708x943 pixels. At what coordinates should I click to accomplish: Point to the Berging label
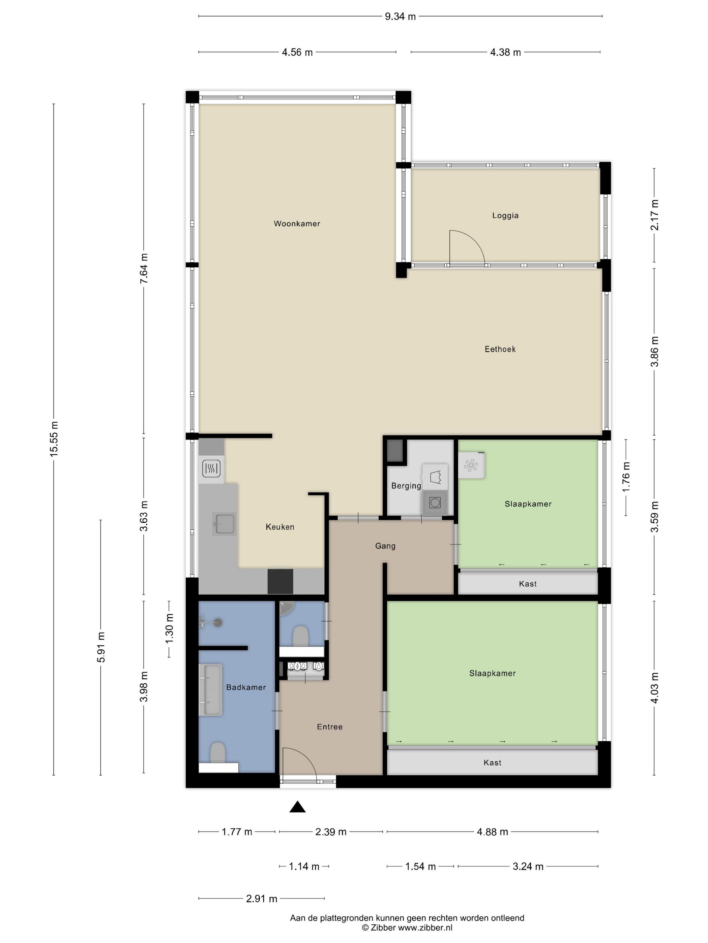(x=406, y=486)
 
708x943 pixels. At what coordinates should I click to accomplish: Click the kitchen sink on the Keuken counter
(x=224, y=524)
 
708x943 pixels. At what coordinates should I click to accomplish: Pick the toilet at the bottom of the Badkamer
(x=218, y=752)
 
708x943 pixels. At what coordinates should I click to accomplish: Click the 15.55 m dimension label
(x=54, y=439)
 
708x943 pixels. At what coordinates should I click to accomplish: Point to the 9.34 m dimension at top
(x=400, y=17)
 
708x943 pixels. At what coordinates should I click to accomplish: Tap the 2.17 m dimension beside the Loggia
(x=654, y=215)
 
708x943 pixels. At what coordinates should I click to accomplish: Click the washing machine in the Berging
(x=435, y=502)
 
